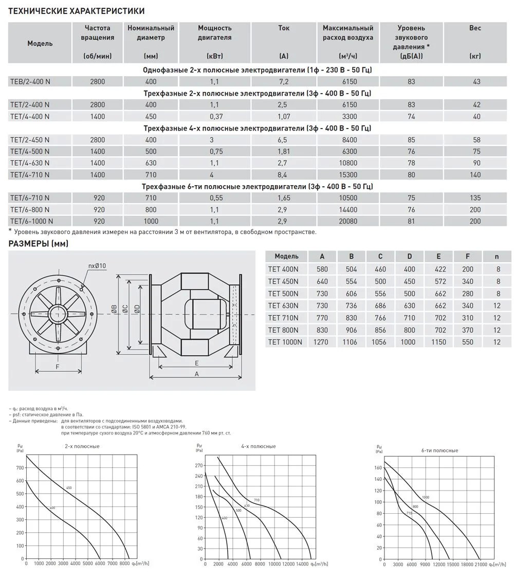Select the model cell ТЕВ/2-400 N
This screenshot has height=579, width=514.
point(30,81)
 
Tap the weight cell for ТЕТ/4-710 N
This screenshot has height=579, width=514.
point(475,175)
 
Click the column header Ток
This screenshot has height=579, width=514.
point(284,28)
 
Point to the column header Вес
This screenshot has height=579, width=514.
point(475,28)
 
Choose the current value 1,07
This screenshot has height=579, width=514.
point(284,117)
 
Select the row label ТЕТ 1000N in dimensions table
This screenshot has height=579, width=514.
point(286,342)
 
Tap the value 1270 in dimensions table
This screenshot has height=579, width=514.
point(322,342)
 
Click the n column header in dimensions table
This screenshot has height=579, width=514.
point(497,256)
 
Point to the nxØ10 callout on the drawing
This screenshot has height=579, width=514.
point(97,265)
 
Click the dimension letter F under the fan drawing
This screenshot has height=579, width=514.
point(58,367)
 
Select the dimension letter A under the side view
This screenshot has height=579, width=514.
point(197,374)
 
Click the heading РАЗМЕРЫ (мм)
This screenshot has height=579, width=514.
point(39,244)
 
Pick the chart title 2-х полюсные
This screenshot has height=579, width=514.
point(82,446)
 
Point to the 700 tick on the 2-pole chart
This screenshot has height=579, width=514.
point(20,467)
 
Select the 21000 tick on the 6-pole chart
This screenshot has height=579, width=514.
point(479,564)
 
